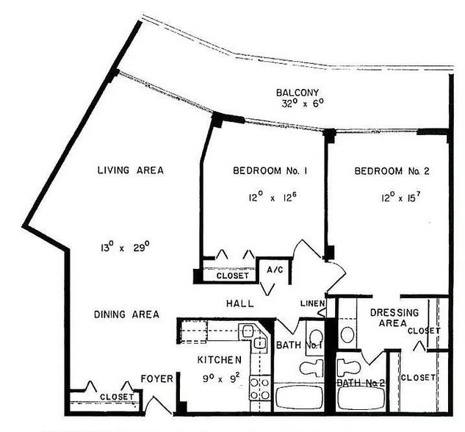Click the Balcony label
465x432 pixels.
(297, 93)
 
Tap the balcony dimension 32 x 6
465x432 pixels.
(297, 104)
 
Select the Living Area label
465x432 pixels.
(130, 170)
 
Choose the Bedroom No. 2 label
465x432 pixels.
(392, 171)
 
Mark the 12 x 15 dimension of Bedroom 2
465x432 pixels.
(392, 197)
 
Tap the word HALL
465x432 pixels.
(239, 303)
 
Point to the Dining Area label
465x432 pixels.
(126, 314)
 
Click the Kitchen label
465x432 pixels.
(218, 360)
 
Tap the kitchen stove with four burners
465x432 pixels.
(259, 388)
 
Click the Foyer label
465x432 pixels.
(157, 379)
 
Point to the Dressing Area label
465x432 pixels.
(394, 318)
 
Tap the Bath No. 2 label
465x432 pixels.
(361, 383)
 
